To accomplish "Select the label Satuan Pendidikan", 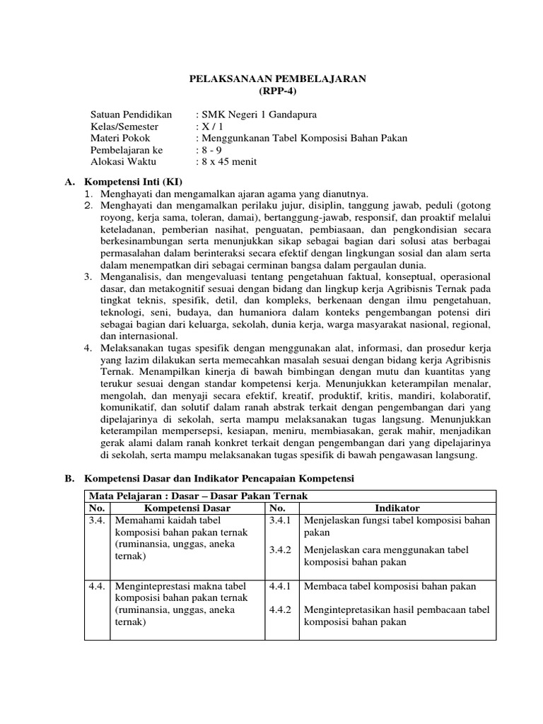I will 132,115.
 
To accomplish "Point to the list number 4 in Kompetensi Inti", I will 87,348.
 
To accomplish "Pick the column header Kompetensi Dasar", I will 187,508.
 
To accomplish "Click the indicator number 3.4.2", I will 281,550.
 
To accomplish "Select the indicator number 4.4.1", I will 281,586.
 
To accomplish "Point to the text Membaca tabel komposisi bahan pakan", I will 390,586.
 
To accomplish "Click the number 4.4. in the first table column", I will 96,586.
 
